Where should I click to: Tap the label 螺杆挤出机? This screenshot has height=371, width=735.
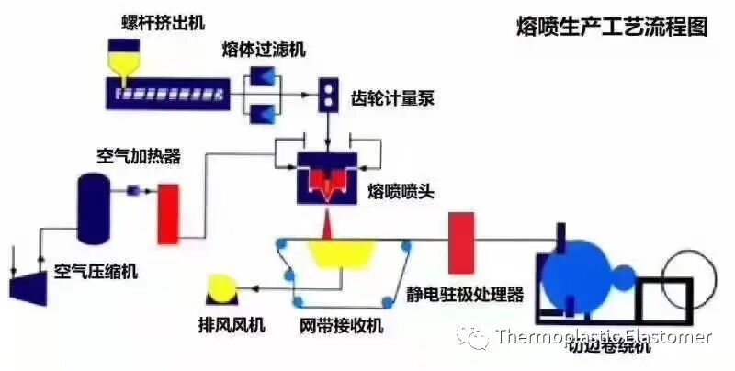click(158, 18)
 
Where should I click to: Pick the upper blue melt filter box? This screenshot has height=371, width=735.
click(265, 78)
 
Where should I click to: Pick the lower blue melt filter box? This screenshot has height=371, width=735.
click(265, 113)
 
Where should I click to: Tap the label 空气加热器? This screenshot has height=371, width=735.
click(138, 156)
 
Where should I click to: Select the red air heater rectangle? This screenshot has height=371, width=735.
click(167, 214)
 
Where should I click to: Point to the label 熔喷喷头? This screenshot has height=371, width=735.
click(398, 191)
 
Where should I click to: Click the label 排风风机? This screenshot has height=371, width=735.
click(229, 324)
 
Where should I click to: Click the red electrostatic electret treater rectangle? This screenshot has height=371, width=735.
click(461, 242)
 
